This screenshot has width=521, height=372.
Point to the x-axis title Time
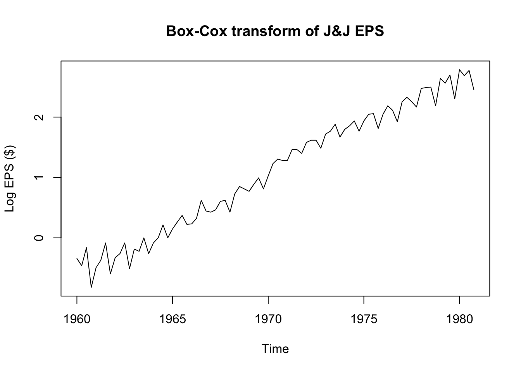[275, 349]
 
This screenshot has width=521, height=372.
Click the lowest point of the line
[91, 287]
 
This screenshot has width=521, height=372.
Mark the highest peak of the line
[459, 70]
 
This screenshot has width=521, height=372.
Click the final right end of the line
[474, 90]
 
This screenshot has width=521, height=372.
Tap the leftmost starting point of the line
[77, 258]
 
